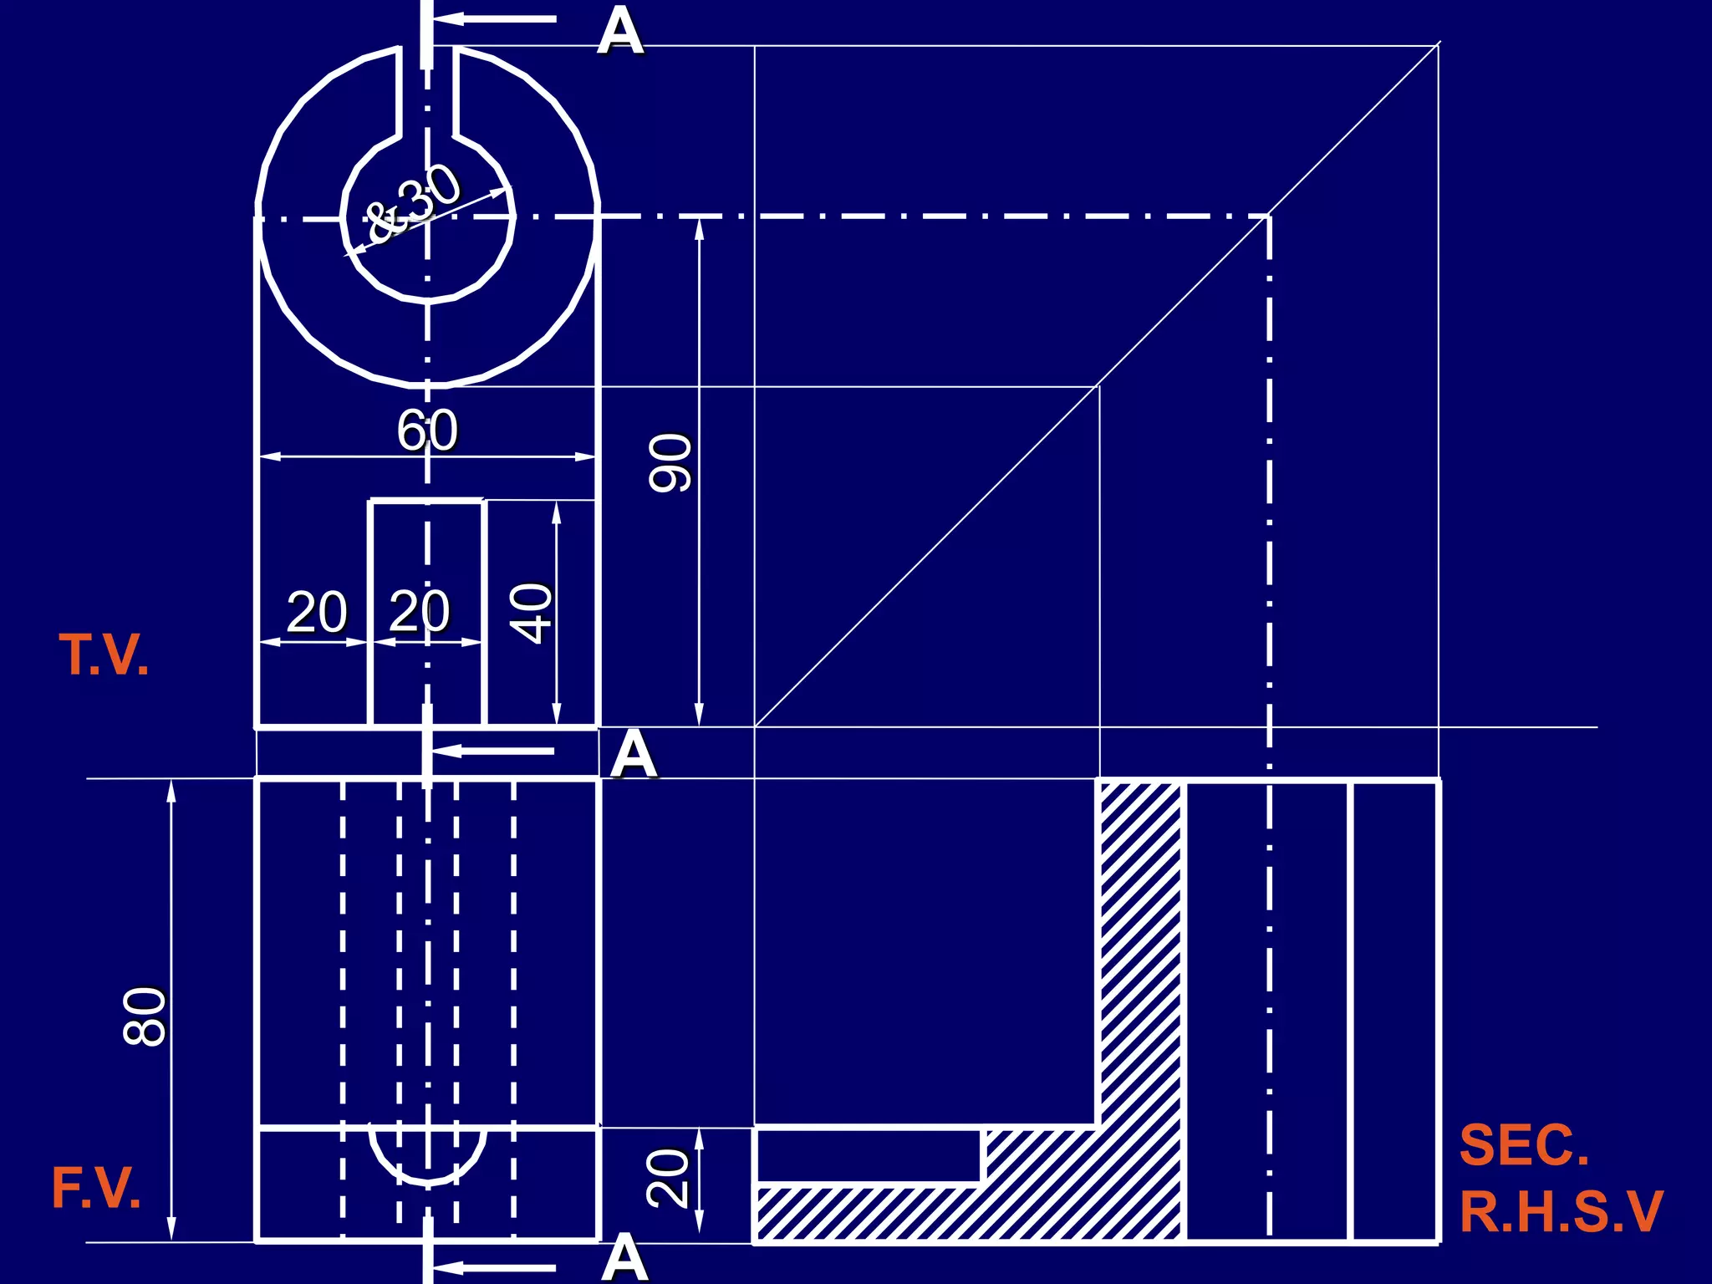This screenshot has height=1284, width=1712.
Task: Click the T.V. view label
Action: point(104,655)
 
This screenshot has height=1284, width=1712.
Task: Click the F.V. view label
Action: point(96,1188)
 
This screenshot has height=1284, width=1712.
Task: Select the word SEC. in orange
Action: point(1523,1145)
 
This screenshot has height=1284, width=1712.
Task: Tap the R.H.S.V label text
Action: point(1561,1211)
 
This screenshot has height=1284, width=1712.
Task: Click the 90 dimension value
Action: point(671,462)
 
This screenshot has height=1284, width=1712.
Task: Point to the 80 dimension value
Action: point(145,1016)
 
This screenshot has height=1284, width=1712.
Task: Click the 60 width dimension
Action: point(427,431)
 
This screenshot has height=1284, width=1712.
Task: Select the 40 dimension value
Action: point(532,613)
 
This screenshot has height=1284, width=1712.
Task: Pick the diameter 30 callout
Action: point(415,203)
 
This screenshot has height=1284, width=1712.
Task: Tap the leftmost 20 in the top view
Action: point(317,612)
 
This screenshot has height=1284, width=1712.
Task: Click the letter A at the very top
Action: point(620,32)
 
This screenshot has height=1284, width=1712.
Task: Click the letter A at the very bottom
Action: point(624,1258)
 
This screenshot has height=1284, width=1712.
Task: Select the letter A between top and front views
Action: point(633,754)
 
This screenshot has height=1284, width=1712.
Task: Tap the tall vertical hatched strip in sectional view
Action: point(1140,953)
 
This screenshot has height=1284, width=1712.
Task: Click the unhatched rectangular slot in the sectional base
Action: point(869,1156)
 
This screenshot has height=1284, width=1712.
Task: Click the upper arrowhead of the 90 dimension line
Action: point(700,227)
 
